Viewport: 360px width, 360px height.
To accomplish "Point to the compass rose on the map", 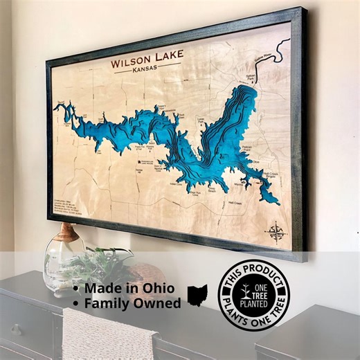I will pyautogui.click(x=276, y=231).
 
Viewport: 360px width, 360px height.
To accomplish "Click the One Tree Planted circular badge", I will pyautogui.click(x=253, y=294).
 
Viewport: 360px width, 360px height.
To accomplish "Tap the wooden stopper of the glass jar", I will pyautogui.click(x=66, y=232).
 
